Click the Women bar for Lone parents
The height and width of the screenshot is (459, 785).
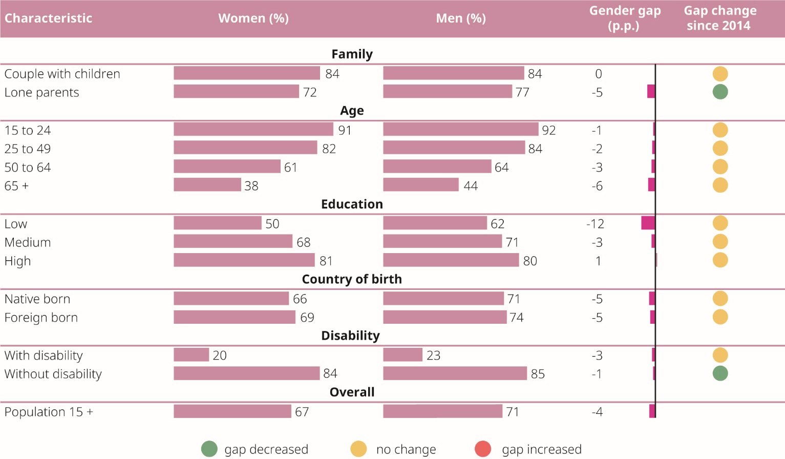coord(236,92)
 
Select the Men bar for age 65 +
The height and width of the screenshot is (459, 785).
coord(420,185)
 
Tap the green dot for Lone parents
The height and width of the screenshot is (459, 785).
coord(720,92)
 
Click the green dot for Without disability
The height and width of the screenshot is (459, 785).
coord(720,373)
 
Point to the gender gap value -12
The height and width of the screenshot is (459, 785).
coord(595,224)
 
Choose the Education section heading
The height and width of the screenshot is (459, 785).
coord(352,204)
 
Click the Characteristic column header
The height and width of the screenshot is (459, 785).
coord(48,18)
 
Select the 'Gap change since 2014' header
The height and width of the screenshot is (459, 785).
coord(719,18)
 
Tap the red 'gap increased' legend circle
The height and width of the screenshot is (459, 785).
coord(483,449)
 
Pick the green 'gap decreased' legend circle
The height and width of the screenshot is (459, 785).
coord(209,449)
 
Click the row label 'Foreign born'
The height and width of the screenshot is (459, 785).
coord(41,318)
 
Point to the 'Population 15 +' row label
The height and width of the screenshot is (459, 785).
coord(49,412)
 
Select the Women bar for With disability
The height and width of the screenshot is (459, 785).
coord(191,354)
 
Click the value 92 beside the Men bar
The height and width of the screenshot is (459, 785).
coord(548,130)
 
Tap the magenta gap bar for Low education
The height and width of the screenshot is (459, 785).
coord(648,223)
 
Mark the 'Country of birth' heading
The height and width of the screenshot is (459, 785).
coord(352,279)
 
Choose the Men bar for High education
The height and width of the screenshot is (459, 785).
coord(451,260)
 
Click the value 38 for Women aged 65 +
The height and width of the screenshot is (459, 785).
coord(251,186)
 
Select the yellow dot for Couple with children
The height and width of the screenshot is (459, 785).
coord(720,74)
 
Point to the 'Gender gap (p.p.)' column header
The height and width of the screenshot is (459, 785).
coord(625,18)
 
